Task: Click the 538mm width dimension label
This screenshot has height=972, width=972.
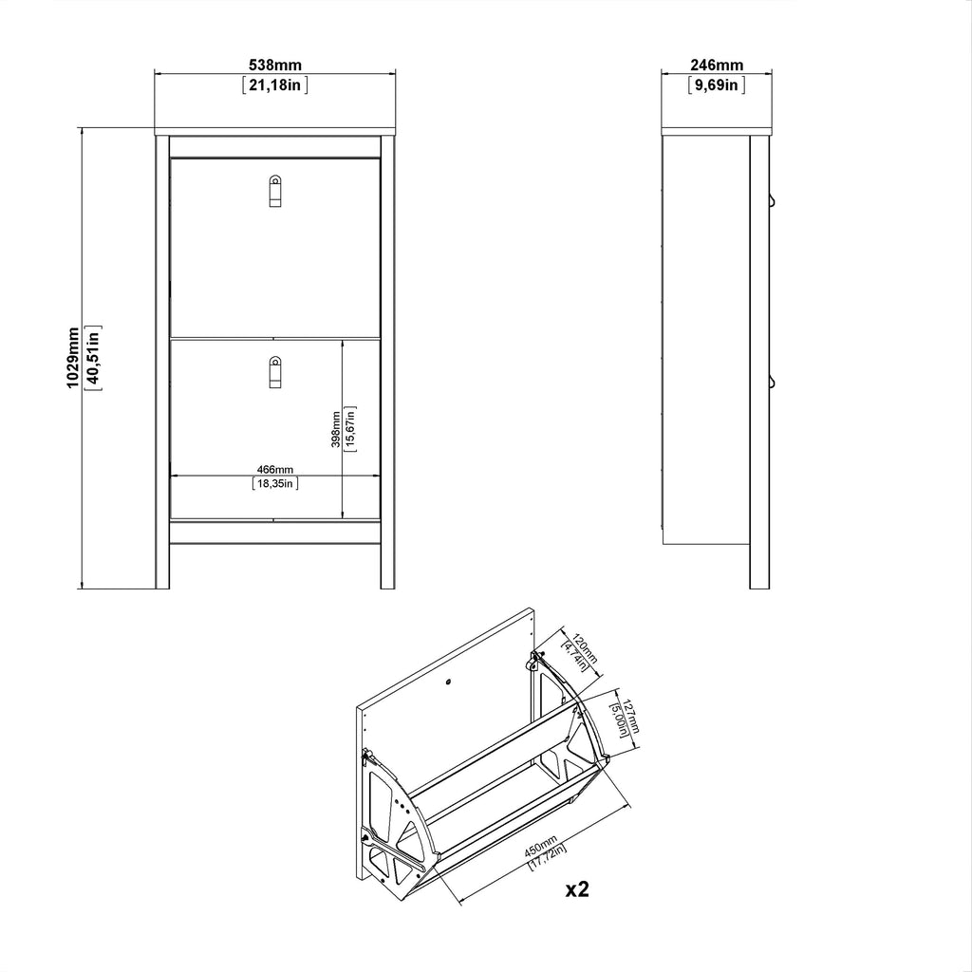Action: (x=274, y=65)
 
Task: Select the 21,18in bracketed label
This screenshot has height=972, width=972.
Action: (x=274, y=84)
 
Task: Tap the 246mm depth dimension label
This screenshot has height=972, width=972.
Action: (x=717, y=65)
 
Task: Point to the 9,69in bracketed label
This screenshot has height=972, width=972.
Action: (x=717, y=84)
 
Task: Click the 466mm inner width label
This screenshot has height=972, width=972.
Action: (x=275, y=469)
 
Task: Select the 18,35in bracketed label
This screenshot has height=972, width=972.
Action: (x=275, y=484)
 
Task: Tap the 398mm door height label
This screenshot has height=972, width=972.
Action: (x=335, y=429)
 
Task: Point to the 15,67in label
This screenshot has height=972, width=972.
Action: (x=350, y=429)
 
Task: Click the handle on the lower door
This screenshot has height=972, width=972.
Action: (x=274, y=371)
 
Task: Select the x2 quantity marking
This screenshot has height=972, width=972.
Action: (x=577, y=889)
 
